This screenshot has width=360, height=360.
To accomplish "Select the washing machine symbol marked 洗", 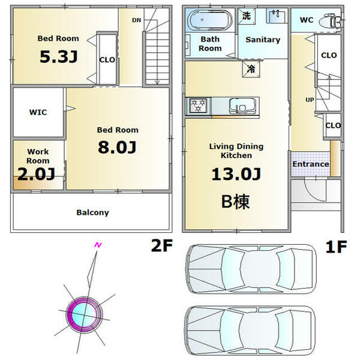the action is pos(247,16).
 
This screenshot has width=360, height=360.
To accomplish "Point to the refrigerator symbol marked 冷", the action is pos(251,69).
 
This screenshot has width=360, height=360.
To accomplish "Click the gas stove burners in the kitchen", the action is pos(199,105).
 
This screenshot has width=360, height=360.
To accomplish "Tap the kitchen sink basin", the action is pos(242,106).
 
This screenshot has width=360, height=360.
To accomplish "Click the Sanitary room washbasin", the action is pos(277,16).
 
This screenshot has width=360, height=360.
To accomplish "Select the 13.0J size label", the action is pos(236,174).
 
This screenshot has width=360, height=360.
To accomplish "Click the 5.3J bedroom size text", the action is pos(59,56).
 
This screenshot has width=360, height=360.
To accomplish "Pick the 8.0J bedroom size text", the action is pos(117,147).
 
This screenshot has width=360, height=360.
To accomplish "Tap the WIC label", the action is pos(38,112).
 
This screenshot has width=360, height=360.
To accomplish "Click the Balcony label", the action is pos(92,212).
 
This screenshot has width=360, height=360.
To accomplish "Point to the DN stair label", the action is pos(136,20).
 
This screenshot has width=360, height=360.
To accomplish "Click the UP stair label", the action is pos(310,100).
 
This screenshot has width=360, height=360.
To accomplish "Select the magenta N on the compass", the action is pos(98,245).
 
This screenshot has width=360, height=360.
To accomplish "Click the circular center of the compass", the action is pos(84,315).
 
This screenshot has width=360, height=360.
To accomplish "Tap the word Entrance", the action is pos(311,164).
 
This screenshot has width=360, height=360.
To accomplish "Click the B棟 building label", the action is pos(235,202).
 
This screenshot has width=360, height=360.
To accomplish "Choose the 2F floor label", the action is pos(162,245).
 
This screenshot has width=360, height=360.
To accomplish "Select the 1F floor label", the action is pos(337,247).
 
